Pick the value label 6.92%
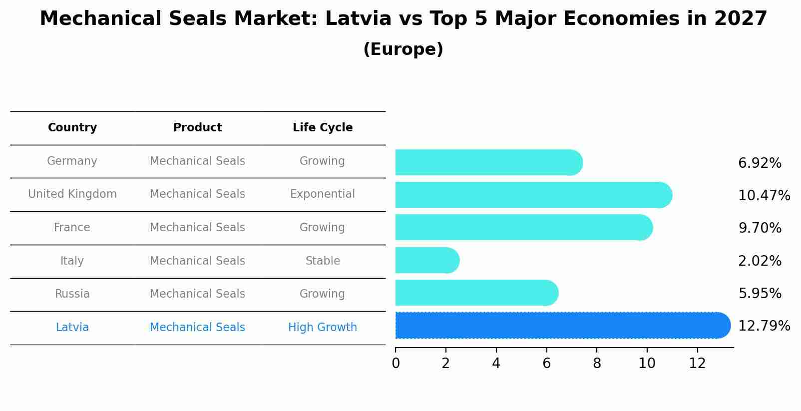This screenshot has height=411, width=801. [x=759, y=163]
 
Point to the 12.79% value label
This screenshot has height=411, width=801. [x=764, y=326]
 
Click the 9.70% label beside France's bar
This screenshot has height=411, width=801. [x=759, y=228]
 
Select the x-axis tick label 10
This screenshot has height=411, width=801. [x=647, y=364]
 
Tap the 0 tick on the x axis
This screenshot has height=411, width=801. [x=396, y=364]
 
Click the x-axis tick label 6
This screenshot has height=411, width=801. [x=546, y=364]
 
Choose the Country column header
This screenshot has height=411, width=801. [x=72, y=128]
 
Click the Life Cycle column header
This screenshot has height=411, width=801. [x=323, y=128]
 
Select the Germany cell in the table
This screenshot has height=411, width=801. [x=72, y=161]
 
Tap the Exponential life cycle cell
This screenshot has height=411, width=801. [x=323, y=194]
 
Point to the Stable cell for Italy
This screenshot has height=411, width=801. [x=323, y=261]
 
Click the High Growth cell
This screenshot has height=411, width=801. [x=323, y=328]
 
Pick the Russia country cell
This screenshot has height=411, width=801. [x=72, y=294]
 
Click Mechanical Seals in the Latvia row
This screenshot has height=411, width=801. [x=197, y=328]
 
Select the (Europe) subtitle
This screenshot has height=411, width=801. [x=403, y=49]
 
